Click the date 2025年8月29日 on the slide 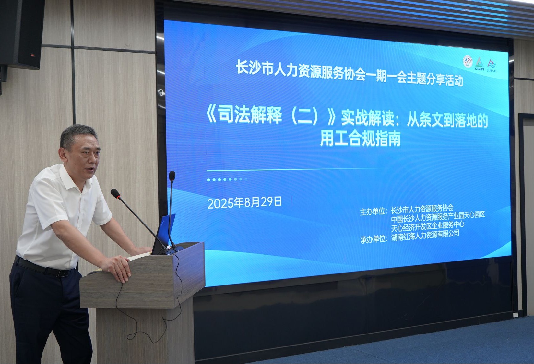(244, 203)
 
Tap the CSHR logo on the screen (479, 64)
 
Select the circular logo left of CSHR (468, 62)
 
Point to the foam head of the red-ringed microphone (116, 193)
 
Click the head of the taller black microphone (172, 175)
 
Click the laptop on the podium (164, 234)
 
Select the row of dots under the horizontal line (227, 179)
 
